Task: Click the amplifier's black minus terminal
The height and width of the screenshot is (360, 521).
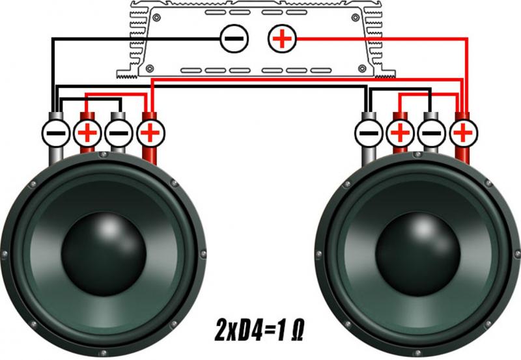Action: click(234, 38)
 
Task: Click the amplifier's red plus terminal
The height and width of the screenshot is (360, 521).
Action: click(282, 38)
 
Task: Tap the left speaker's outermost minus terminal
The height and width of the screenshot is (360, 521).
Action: click(56, 133)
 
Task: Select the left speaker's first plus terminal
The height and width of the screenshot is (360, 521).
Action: click(87, 133)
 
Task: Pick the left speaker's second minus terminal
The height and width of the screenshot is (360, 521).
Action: click(119, 133)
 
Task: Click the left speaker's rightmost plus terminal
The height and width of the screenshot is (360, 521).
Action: click(150, 133)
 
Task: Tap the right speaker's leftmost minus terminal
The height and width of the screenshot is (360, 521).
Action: click(369, 133)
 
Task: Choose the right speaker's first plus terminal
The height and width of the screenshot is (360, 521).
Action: click(401, 133)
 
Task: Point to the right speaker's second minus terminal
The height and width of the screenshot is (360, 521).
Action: click(432, 133)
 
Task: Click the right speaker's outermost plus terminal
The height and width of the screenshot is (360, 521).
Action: click(463, 133)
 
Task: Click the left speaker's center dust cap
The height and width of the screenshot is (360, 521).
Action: click(104, 254)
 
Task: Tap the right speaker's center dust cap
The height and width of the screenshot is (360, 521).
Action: click(417, 254)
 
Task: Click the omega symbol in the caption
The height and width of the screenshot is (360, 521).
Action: click(297, 331)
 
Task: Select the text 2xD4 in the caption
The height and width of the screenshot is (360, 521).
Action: click(238, 331)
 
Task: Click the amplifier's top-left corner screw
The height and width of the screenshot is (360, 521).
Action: click(156, 18)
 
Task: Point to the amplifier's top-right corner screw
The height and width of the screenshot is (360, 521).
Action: click(355, 18)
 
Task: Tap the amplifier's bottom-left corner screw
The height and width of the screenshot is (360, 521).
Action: click(150, 68)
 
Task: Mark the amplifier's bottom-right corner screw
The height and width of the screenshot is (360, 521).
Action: click(362, 68)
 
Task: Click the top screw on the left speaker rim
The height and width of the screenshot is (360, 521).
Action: click(104, 155)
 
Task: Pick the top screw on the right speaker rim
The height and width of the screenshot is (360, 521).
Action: click(417, 155)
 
